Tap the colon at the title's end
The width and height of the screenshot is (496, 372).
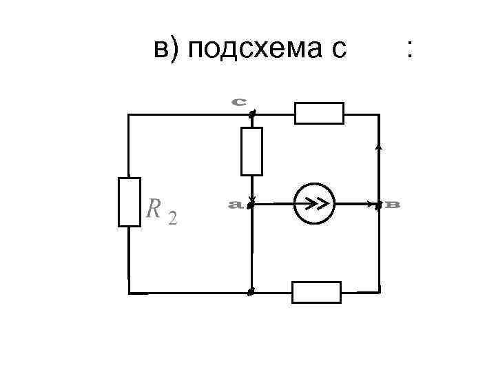pyautogui.click(x=411, y=50)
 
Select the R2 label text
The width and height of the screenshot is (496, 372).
pyautogui.click(x=161, y=210)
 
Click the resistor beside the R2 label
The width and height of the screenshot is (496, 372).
pyautogui.click(x=129, y=202)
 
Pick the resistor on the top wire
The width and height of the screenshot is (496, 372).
pyautogui.click(x=319, y=113)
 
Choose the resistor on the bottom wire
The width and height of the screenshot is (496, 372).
pyautogui.click(x=316, y=292)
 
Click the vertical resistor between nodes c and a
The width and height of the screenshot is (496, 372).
pyautogui.click(x=251, y=152)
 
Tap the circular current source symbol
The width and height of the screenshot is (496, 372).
pyautogui.click(x=314, y=204)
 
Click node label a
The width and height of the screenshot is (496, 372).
pyautogui.click(x=234, y=204)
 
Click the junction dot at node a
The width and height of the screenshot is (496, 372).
pyautogui.click(x=251, y=204)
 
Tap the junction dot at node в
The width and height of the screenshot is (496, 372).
pyautogui.click(x=378, y=204)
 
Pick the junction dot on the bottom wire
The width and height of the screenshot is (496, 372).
pyautogui.click(x=251, y=292)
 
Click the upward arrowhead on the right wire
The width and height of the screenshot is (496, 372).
pyautogui.click(x=379, y=147)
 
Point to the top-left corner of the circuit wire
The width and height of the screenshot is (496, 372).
pyautogui.click(x=129, y=114)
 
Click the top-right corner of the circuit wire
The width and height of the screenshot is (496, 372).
pyautogui.click(x=379, y=114)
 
